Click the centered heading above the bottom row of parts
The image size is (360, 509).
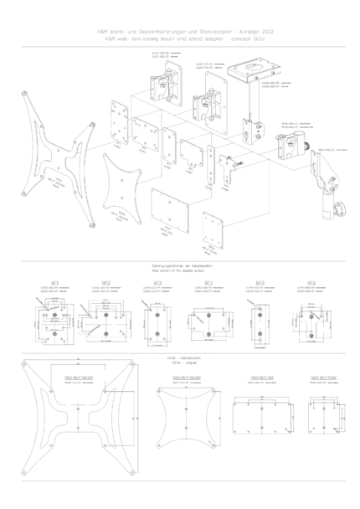[x=183, y=362]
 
